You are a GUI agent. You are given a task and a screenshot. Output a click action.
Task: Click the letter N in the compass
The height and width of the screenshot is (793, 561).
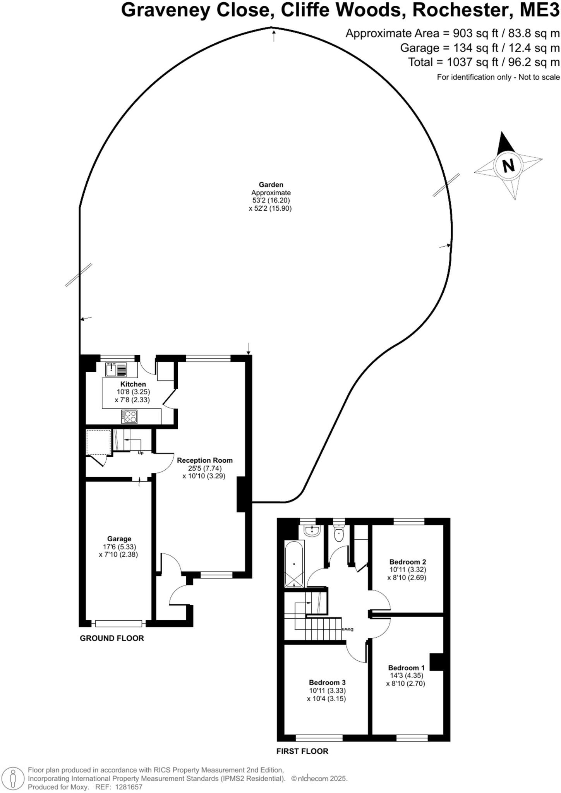pyautogui.click(x=508, y=166)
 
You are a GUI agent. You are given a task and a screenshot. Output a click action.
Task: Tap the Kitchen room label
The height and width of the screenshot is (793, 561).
pyautogui.click(x=133, y=384)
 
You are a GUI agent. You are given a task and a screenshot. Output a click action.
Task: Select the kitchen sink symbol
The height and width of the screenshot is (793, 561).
pyautogui.click(x=116, y=369)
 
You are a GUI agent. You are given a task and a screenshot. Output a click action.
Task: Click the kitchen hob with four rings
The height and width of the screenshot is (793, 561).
pyautogui.click(x=129, y=417)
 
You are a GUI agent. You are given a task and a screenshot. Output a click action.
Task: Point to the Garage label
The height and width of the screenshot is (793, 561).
pyautogui.click(x=119, y=539)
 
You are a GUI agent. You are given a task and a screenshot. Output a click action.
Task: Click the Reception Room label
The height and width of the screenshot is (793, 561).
pyautogui.click(x=205, y=460)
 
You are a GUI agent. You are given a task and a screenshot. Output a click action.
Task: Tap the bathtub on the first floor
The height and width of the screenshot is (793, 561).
pyautogui.click(x=294, y=565)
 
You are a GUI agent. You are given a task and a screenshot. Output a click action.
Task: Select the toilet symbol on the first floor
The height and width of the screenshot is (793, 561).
pyautogui.click(x=339, y=535)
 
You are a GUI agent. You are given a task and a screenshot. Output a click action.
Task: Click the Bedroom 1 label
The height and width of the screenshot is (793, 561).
pyautogui.click(x=406, y=668)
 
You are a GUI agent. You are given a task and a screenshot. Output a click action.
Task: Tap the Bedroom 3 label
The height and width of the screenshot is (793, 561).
pyautogui.click(x=327, y=682)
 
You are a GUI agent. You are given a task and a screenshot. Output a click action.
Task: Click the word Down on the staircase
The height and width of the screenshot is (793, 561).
pyautogui.click(x=347, y=629)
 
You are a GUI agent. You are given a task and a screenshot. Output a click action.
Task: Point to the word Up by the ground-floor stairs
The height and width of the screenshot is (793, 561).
pyautogui.click(x=141, y=453)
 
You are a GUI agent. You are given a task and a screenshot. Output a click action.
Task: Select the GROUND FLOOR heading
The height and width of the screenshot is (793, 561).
pyautogui.click(x=112, y=638)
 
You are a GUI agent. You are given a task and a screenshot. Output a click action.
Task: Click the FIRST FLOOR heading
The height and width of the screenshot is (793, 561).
pyautogui.click(x=302, y=751)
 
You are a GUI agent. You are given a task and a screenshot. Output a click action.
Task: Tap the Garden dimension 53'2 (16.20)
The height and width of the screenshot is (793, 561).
pyautogui.click(x=271, y=200)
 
